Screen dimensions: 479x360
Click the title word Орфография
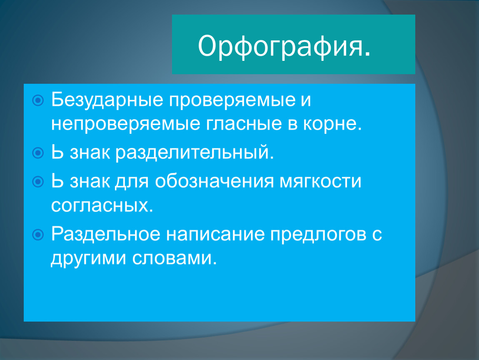tap(284, 46)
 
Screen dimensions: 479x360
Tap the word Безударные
tap(107, 100)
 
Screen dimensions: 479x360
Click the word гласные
tap(244, 124)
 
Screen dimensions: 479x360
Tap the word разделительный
tap(195, 153)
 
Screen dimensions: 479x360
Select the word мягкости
tap(320, 182)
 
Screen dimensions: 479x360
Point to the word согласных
tap(102, 206)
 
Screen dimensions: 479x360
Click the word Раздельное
tap(106, 235)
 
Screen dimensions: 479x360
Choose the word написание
tap(215, 235)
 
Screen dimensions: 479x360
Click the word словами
tap(175, 258)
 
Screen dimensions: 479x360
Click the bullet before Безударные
tap(38, 100)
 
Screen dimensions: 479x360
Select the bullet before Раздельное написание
tap(38, 235)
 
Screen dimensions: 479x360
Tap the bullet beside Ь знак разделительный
tap(38, 153)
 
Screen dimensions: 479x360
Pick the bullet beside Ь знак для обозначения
tap(38, 182)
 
